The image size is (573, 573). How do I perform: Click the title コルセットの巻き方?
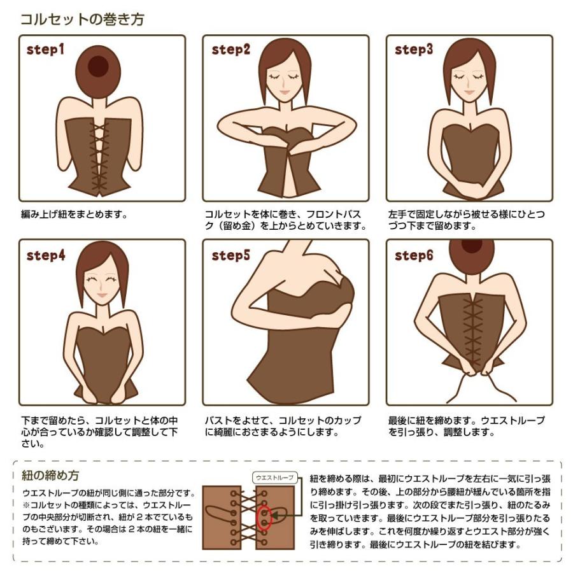[x=82, y=19]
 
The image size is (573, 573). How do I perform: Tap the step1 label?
[x=45, y=49]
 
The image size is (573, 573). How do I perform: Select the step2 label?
[x=231, y=49]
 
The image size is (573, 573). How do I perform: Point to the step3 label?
[x=414, y=49]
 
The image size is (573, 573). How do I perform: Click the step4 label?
[x=46, y=255]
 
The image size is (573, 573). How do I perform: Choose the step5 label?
[x=231, y=255]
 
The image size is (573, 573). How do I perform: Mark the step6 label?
[x=414, y=255]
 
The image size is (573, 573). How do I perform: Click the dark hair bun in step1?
[x=98, y=66]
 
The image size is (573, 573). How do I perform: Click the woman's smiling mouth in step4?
[x=102, y=295]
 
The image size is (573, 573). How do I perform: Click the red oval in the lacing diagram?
[x=264, y=518]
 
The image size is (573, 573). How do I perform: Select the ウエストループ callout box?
[x=275, y=478]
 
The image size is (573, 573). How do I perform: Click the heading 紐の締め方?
[x=50, y=476]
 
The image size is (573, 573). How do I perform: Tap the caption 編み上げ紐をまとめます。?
[x=74, y=214]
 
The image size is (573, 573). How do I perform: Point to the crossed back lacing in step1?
[x=99, y=157]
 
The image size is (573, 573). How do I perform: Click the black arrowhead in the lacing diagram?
[x=274, y=516]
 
